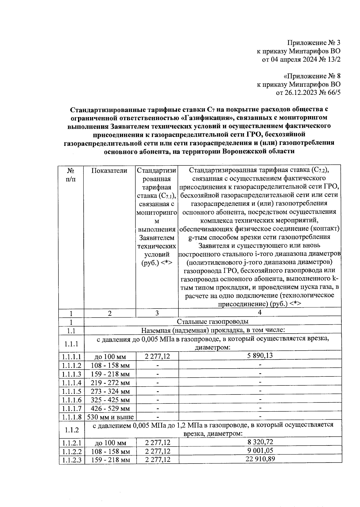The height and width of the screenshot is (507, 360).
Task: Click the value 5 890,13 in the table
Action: (x=260, y=356)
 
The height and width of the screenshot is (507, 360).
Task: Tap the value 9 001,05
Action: (x=260, y=450)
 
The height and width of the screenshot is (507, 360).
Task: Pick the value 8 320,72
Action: (x=260, y=442)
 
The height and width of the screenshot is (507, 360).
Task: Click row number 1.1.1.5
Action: (x=72, y=391)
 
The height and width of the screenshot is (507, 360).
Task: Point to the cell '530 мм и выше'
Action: (x=110, y=417)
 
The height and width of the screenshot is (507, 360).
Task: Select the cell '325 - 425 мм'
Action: (x=110, y=400)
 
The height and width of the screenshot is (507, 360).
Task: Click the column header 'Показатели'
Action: (x=109, y=171)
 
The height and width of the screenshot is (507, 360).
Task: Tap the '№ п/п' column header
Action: (x=71, y=174)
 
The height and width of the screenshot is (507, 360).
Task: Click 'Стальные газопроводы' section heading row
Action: (x=212, y=321)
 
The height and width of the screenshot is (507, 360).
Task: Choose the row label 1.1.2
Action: (x=72, y=430)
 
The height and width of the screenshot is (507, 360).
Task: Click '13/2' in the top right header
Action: (x=334, y=59)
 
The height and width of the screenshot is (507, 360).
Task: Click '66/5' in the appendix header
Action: (x=334, y=93)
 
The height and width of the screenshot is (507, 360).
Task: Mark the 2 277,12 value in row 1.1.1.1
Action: (x=157, y=356)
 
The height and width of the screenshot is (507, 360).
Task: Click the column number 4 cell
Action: (x=260, y=312)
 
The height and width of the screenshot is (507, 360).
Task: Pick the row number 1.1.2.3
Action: (x=72, y=460)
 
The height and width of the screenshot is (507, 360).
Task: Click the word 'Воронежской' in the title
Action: (x=244, y=151)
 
